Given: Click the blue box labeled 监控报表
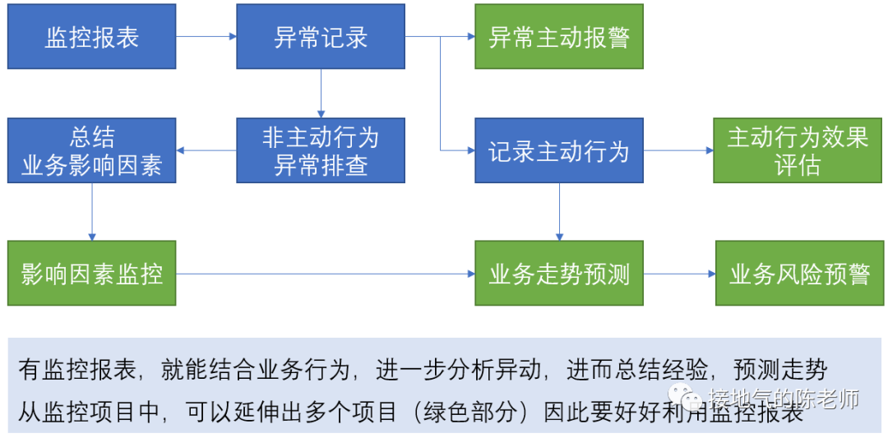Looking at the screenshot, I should pyautogui.click(x=91, y=37).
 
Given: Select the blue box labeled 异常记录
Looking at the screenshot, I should pyautogui.click(x=321, y=37).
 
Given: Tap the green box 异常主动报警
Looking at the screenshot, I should pyautogui.click(x=558, y=37).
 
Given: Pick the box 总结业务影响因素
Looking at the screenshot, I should pyautogui.click(x=91, y=150).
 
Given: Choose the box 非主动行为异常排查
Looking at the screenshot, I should pyautogui.click(x=321, y=150).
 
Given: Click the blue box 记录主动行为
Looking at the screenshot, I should pyautogui.click(x=558, y=150).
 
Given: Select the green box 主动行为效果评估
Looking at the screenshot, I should pyautogui.click(x=798, y=150).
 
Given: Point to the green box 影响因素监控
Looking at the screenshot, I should pyautogui.click(x=91, y=274).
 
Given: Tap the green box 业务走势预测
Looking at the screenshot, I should pyautogui.click(x=558, y=274).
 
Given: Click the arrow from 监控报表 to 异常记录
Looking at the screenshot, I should pyautogui.click(x=206, y=37).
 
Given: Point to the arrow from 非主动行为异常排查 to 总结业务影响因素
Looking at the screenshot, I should pyautogui.click(x=206, y=150).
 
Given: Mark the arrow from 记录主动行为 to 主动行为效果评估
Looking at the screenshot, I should pyautogui.click(x=678, y=150).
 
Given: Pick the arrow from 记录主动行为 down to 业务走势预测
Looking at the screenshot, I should pyautogui.click(x=559, y=211).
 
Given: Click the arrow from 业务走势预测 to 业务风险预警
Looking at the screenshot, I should pyautogui.click(x=678, y=274).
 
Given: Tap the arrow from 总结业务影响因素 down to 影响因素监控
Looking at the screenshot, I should pyautogui.click(x=92, y=211).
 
